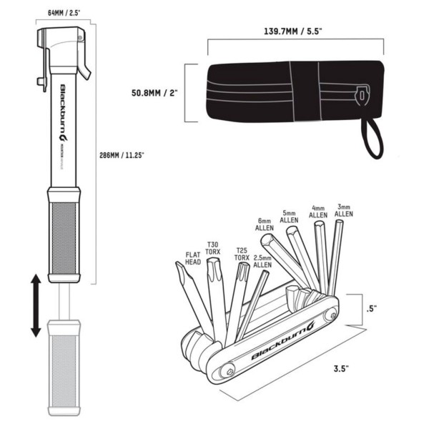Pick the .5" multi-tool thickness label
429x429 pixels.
371,309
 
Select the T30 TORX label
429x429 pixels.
212,246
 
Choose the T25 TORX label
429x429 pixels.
242,255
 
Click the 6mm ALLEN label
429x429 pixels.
265,224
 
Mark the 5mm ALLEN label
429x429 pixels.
289,217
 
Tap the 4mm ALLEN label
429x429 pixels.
317,211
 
